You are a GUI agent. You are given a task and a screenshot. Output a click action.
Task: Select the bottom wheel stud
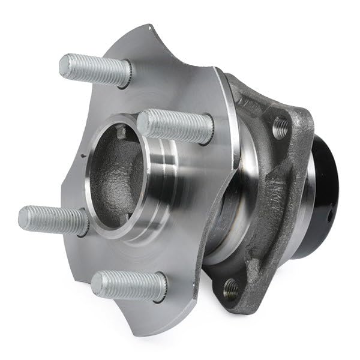tap(128, 286)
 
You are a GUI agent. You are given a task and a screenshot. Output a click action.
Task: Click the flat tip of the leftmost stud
tap(24, 216)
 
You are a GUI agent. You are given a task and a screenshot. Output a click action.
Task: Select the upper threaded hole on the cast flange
tap(280, 127)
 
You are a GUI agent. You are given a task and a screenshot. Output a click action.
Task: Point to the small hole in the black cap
tap(331, 213)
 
